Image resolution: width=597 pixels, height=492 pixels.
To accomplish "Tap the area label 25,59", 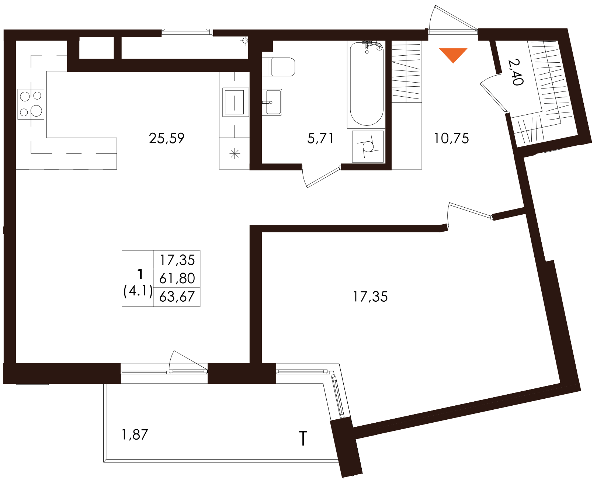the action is (167, 138).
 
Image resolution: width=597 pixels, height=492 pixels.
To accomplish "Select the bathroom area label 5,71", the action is (320, 138).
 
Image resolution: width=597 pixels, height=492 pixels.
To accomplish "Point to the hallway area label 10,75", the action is (451, 138).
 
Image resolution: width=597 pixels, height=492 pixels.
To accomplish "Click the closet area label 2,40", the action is (515, 72).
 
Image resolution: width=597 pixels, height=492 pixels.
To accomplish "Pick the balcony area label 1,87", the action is (135, 434).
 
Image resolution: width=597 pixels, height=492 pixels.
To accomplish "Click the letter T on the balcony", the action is (303, 439).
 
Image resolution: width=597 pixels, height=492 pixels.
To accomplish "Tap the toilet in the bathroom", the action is (278, 67).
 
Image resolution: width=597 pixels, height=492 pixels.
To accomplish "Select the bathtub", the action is (367, 84).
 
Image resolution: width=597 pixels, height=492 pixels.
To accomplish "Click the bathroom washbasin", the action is (272, 102).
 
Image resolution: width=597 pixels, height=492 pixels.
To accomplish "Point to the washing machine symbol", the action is (368, 146).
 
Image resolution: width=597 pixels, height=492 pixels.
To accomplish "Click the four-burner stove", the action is (31, 104).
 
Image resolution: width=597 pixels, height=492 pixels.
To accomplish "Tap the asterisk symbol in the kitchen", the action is (235, 154).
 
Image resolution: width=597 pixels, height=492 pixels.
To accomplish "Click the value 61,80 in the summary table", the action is (177, 278).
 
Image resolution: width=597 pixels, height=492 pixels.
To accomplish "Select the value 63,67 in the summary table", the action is (177, 297).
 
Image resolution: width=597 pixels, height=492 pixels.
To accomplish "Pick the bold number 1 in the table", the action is (140, 274).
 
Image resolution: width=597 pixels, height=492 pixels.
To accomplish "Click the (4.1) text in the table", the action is (138, 291).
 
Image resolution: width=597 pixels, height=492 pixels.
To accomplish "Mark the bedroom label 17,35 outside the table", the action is (370, 297).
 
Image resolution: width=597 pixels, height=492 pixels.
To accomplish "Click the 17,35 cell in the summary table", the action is (177, 260).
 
